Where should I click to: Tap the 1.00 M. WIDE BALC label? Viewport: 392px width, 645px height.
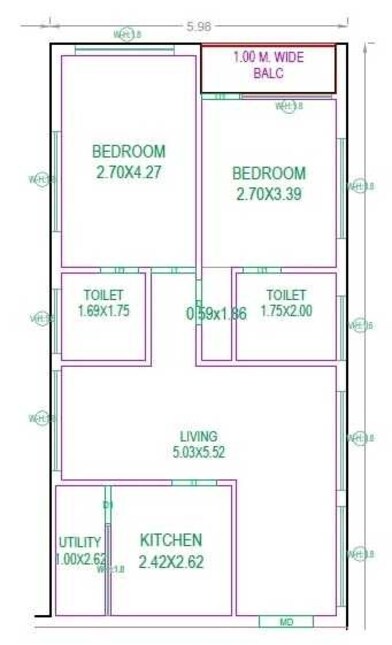coord(268,66)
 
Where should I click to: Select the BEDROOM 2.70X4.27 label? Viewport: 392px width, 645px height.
coord(129,161)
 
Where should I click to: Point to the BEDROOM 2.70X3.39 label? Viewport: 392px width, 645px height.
coord(270,184)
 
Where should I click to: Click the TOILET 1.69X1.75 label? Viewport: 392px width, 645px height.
coord(103,303)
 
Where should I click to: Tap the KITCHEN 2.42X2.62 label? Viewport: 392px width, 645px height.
coord(171,550)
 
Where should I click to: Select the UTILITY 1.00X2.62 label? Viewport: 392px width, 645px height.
coord(82,550)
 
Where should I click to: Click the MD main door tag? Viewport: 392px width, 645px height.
coord(286,623)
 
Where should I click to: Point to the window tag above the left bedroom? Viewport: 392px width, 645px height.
coord(127,35)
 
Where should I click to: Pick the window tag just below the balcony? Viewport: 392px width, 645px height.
coord(290,105)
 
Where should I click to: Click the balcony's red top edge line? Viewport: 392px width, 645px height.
coord(268,45)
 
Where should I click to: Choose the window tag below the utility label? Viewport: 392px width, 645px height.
coord(113,571)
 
